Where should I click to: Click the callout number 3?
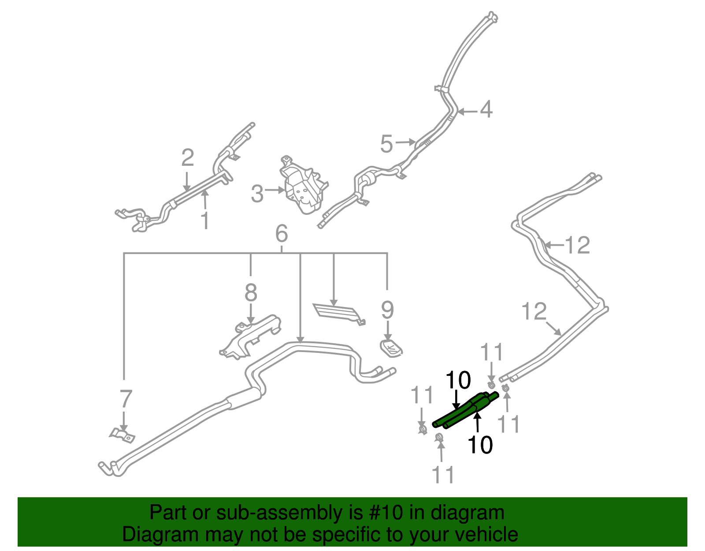(257, 194)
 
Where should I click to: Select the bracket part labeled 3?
(304, 187)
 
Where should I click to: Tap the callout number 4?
(486, 109)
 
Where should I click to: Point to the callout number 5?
(386, 144)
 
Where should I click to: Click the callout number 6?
(282, 233)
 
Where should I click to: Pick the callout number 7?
(126, 399)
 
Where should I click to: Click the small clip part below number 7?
(122, 435)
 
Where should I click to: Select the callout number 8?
(251, 292)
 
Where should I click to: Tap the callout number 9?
(387, 310)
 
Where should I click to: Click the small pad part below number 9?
(391, 348)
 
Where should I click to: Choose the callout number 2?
(188, 157)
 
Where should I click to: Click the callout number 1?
(205, 221)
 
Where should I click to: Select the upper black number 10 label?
(458, 380)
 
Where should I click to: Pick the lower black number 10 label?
(480, 445)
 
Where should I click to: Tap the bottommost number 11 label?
(443, 475)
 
